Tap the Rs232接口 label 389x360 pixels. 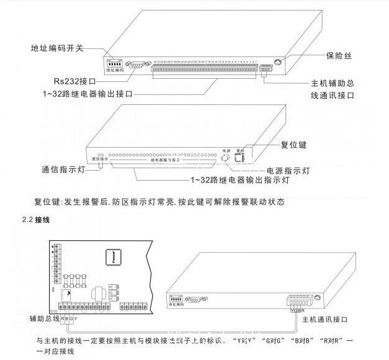click(x=74, y=81)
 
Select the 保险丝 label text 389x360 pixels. click(x=339, y=56)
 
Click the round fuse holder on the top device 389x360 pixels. click(x=279, y=61)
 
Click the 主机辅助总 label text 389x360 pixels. click(x=335, y=83)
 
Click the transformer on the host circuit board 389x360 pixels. click(x=98, y=292)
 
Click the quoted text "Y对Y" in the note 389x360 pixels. click(x=245, y=341)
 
